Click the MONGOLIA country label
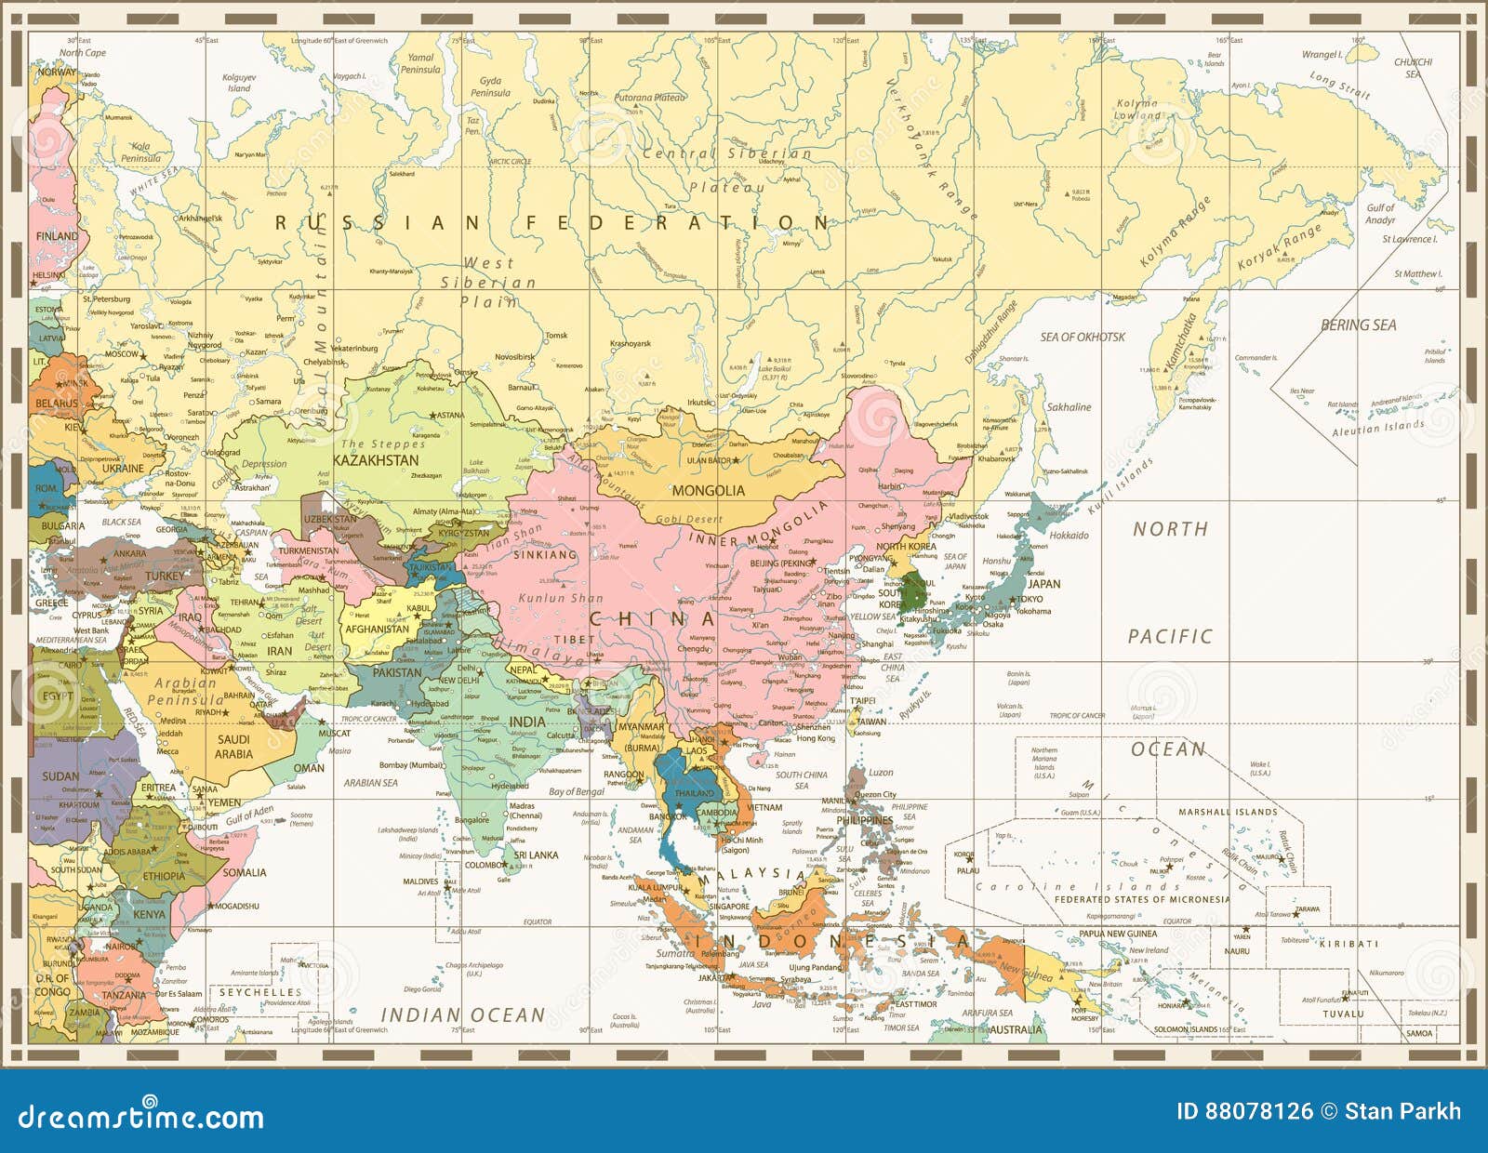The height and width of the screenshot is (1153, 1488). point(708,490)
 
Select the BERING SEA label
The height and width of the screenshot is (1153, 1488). point(1358,325)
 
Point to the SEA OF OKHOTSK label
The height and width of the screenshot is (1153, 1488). point(1083,337)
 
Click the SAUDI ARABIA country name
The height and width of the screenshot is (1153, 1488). point(233,747)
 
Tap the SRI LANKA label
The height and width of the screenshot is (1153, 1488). point(536,855)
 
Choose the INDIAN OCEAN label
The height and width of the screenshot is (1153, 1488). point(463,1015)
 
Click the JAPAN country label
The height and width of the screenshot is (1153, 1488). point(1043,584)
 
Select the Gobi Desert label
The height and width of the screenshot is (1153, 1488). point(689,519)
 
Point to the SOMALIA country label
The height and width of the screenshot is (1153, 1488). point(245,872)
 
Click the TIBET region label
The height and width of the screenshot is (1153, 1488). point(574,640)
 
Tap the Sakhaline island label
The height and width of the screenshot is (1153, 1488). point(1069,407)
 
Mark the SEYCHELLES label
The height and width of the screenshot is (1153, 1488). point(260,992)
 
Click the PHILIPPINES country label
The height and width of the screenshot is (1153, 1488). point(865,821)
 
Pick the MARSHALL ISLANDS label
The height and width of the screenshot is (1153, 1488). point(1228,812)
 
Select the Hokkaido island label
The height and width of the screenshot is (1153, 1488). point(1069,536)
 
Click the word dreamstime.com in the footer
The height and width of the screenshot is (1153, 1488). point(140,1117)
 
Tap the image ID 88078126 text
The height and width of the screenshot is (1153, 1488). point(1244,1111)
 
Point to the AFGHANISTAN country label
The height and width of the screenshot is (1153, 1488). point(377,629)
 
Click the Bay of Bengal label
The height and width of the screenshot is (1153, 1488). point(576,791)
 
